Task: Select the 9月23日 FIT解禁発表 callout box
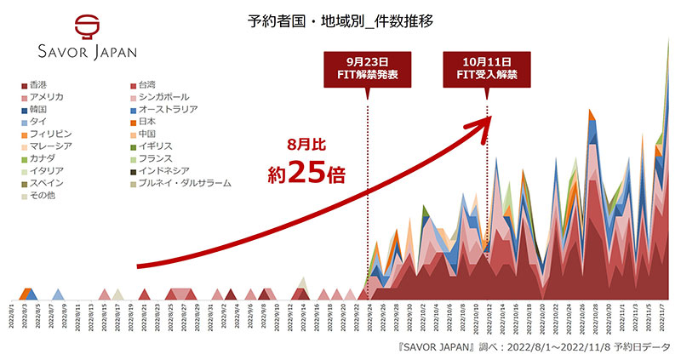368,69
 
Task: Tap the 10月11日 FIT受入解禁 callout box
486,69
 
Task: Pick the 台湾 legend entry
146,85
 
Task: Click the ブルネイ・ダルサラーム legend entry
178,183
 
